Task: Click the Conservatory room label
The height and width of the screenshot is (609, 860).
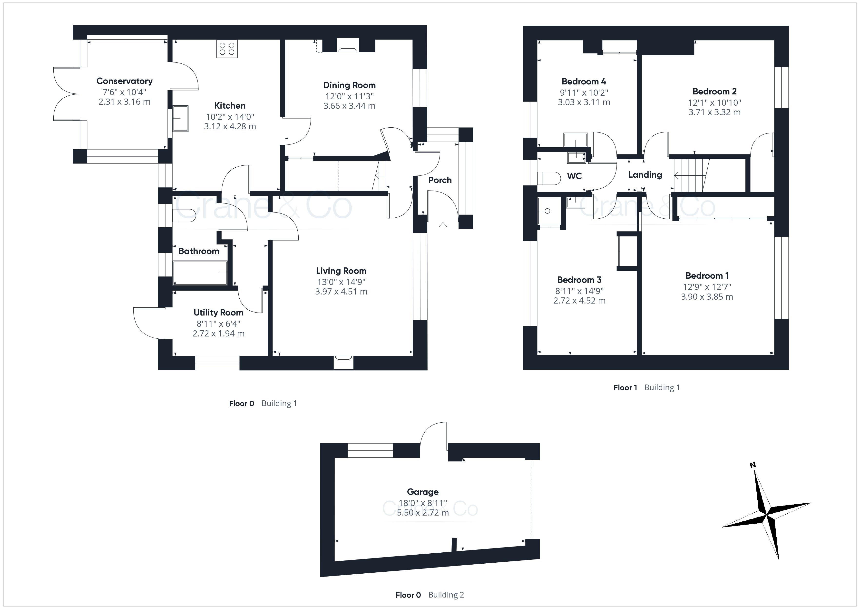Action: (x=124, y=81)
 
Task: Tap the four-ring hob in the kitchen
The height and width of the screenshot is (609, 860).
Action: (x=227, y=49)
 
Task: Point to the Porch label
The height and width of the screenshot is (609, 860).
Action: (x=440, y=180)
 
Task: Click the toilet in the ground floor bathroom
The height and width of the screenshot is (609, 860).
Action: (x=184, y=216)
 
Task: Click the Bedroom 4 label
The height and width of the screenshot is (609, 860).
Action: (x=584, y=81)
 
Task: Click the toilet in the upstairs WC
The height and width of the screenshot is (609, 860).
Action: (x=549, y=178)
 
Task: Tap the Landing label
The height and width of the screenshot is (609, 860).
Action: (x=645, y=175)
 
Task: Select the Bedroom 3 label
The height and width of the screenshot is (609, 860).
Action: (x=579, y=280)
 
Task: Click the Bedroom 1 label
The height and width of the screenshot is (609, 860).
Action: (x=707, y=276)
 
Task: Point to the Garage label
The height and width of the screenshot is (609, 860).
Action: (x=423, y=492)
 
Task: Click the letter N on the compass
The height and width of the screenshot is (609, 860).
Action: (x=752, y=465)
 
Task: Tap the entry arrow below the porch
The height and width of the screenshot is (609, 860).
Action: (x=443, y=226)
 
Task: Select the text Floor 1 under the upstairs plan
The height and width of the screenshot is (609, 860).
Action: (x=625, y=388)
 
